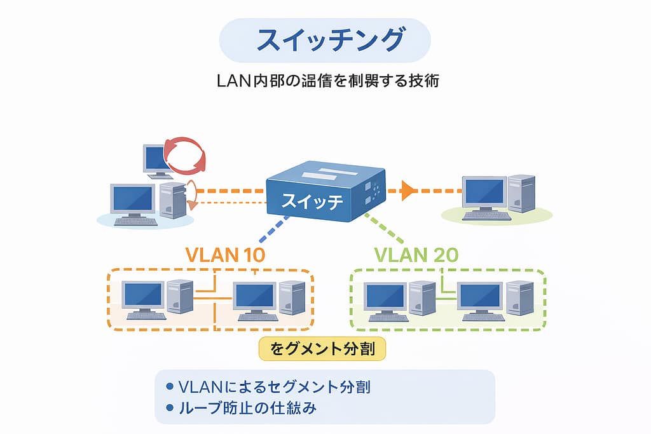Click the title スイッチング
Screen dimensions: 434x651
(325, 40)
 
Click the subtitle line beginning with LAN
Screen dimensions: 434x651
(325, 82)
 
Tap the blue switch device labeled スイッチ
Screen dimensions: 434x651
(325, 191)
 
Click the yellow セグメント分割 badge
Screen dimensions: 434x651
(322, 349)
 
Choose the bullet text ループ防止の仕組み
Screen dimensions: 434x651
(248, 408)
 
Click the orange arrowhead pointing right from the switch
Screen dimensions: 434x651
(408, 189)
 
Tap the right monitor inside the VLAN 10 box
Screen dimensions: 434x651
(254, 296)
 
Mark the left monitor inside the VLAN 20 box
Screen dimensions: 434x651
(385, 297)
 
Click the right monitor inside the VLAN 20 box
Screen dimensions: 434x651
(479, 297)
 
